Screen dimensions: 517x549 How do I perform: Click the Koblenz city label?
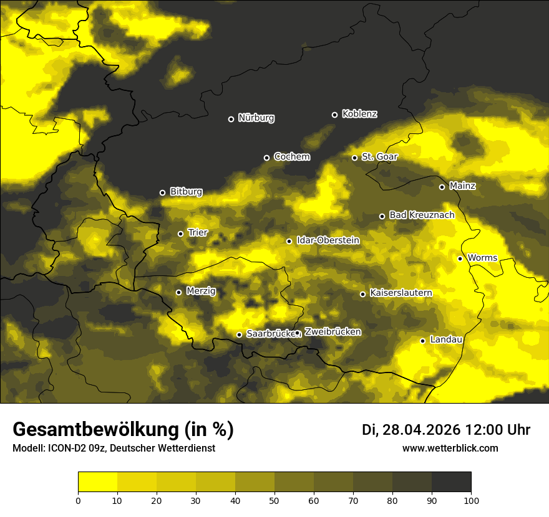coord(359,114)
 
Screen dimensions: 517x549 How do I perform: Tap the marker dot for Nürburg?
coord(231,119)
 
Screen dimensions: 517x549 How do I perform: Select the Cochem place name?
coord(291,157)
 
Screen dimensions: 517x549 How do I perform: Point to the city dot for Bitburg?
coord(162,192)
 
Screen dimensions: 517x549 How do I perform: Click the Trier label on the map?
coord(198,233)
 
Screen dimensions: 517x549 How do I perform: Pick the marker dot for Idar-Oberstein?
coord(289,241)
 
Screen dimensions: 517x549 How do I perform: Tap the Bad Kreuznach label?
coord(422,215)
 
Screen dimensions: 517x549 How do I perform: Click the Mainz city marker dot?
coord(442,187)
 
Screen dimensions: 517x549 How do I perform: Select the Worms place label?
coord(482,258)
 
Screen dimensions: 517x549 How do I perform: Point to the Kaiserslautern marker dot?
coord(362,294)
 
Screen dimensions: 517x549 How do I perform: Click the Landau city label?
coord(446,339)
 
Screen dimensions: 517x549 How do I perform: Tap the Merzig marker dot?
coord(178,292)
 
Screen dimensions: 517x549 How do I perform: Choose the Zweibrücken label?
coord(333,332)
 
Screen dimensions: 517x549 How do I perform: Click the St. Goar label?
coord(379,157)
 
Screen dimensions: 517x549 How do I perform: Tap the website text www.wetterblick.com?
coord(450,448)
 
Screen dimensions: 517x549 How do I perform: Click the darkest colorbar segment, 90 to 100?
coord(451,482)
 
